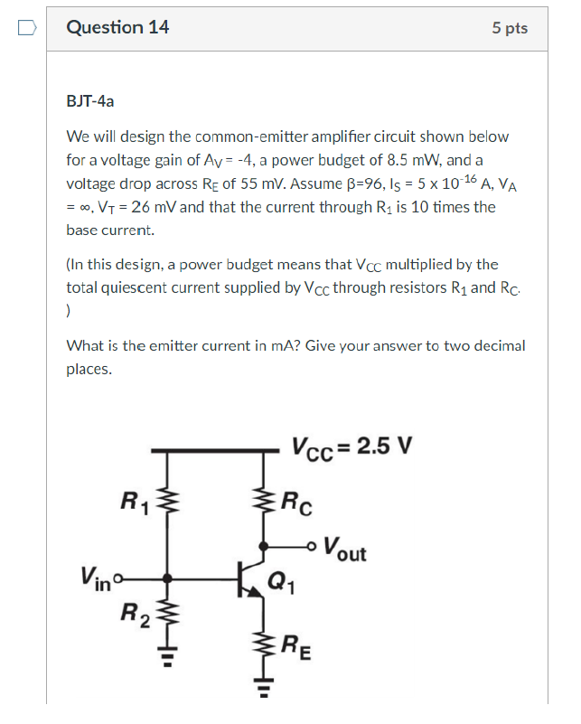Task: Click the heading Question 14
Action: (x=117, y=27)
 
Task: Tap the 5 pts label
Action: (x=510, y=28)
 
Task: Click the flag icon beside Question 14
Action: (x=27, y=28)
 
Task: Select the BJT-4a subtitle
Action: (x=90, y=101)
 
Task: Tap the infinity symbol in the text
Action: (x=88, y=207)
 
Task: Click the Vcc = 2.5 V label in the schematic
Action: (x=351, y=447)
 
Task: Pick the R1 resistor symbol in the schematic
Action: (x=166, y=498)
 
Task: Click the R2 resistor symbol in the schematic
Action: (x=166, y=617)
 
